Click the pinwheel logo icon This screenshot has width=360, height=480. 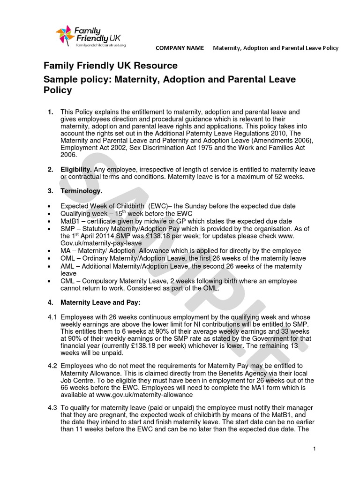point(64,36)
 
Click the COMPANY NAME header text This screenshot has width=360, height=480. point(180,48)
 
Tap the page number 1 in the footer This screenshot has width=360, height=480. point(315,449)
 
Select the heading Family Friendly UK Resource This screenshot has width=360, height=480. point(111,66)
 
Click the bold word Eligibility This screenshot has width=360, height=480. point(76,169)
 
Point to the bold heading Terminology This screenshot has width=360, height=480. point(81,191)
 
